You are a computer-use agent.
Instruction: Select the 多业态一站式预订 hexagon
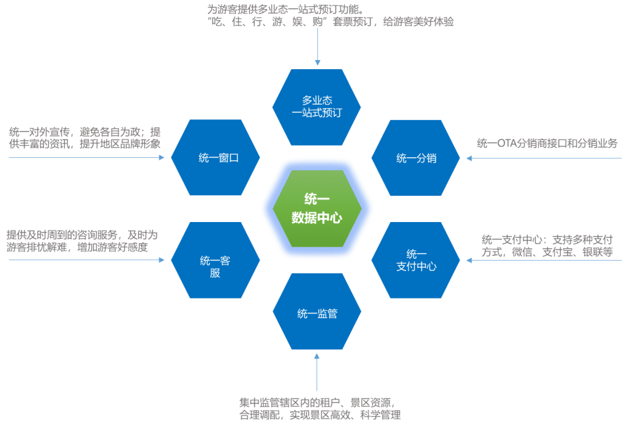(x=317, y=106)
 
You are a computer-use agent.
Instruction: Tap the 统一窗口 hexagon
(x=216, y=158)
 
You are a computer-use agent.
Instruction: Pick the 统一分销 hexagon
(x=416, y=158)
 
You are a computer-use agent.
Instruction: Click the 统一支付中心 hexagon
(x=416, y=260)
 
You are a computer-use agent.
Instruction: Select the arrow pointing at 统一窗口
(x=86, y=158)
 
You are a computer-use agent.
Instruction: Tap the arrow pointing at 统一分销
(x=545, y=158)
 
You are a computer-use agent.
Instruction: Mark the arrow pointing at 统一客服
(x=86, y=260)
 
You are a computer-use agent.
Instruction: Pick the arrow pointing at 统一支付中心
(x=545, y=261)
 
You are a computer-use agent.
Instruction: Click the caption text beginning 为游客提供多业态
(x=331, y=16)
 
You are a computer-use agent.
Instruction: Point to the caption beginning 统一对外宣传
(x=84, y=138)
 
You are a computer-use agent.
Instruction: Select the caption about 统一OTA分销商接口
(x=547, y=144)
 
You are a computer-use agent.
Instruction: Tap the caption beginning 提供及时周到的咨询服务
(x=82, y=241)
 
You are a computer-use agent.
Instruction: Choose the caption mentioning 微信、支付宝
(x=547, y=246)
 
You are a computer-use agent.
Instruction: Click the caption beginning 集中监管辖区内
(x=320, y=409)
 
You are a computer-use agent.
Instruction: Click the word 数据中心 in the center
(x=317, y=218)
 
